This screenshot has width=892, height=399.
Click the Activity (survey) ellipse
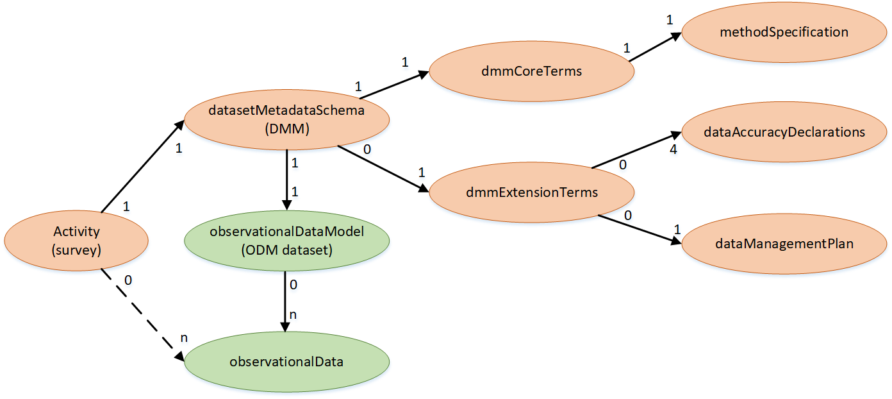coord(76,241)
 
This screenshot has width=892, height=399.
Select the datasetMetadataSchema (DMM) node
coord(286,119)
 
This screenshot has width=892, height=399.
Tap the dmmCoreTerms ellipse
coord(531,71)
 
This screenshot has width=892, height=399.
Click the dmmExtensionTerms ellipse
coord(531,192)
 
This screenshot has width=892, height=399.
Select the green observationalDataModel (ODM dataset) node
coord(286,241)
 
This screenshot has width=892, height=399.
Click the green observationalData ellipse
coord(286,362)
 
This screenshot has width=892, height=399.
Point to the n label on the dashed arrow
coord(183,338)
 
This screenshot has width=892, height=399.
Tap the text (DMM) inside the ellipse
coord(286,129)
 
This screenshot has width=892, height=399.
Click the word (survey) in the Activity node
coord(76,250)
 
